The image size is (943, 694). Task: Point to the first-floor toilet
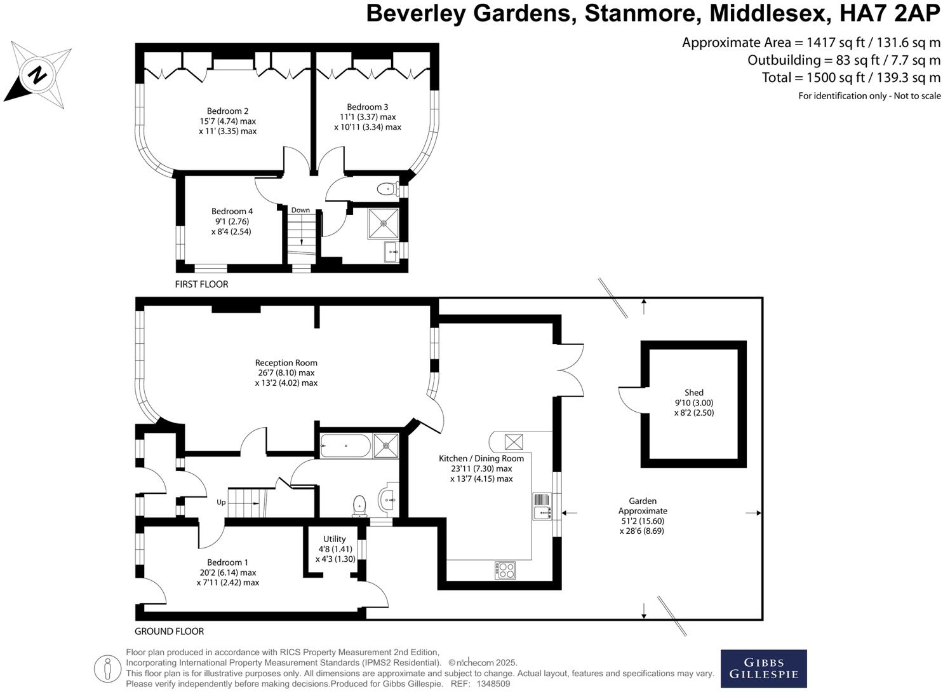click(386, 189)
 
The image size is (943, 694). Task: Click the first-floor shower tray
click(383, 223)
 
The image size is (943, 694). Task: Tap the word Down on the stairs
click(300, 210)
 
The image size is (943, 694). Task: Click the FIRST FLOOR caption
click(201, 284)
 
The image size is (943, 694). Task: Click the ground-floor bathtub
click(345, 446)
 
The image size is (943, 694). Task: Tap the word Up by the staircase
click(221, 502)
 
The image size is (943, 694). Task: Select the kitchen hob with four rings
click(505, 570)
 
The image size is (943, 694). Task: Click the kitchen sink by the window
click(542, 507)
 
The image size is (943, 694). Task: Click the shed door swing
click(631, 400)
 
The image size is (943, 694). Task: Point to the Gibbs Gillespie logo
click(763, 669)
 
